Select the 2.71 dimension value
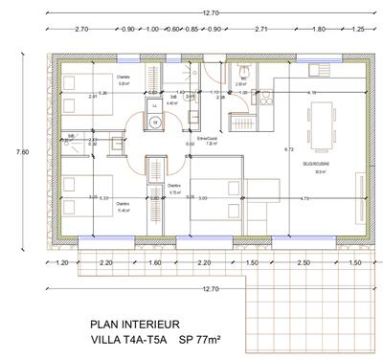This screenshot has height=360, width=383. pyautogui.click(x=260, y=30)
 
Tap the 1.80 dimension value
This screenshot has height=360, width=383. pyautogui.click(x=317, y=30)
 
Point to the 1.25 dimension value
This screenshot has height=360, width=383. pyautogui.click(x=357, y=30)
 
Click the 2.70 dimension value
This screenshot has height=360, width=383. pyautogui.click(x=80, y=30)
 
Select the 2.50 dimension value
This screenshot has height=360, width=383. pyautogui.click(x=303, y=261)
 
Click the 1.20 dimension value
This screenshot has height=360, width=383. pyautogui.click(x=63, y=261)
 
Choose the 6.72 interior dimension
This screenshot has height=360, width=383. pyautogui.click(x=288, y=150)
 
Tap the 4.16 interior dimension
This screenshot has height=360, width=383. pyautogui.click(x=311, y=92)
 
